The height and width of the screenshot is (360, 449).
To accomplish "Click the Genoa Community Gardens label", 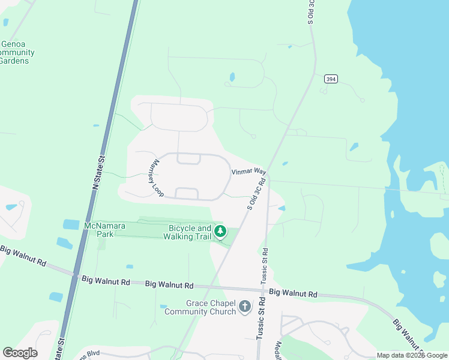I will point(16,52).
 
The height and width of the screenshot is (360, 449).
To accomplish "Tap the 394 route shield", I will point(330,79).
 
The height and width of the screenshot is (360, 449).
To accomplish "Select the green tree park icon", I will point(220,231).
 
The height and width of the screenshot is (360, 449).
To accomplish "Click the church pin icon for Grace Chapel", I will point(244,307).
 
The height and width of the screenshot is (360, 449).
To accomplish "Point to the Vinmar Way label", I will point(249,172).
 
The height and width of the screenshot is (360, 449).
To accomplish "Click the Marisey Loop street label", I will point(157,178).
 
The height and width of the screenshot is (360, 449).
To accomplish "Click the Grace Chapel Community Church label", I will point(202,307).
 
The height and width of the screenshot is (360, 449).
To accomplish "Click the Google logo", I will point(20,353).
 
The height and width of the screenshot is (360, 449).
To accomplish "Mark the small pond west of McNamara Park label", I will point(70,224).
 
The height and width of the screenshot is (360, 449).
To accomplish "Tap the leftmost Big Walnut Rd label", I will point(23,256).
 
